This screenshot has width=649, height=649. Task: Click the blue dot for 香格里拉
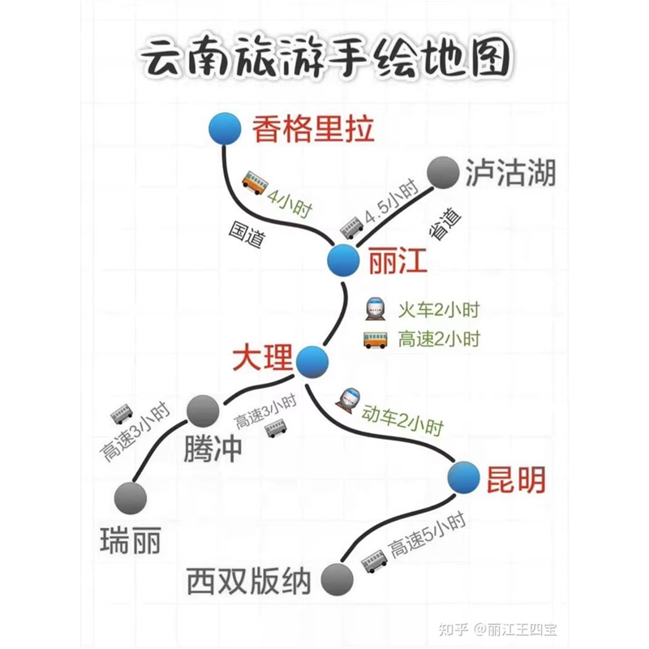pyautogui.click(x=225, y=129)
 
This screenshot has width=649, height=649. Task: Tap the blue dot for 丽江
pyautogui.click(x=343, y=260)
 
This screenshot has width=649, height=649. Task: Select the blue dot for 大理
pyautogui.click(x=312, y=362)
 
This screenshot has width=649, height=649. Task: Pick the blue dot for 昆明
pyautogui.click(x=463, y=477)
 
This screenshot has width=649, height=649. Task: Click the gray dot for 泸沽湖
pyautogui.click(x=443, y=173)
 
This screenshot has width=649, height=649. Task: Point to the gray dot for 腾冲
pyautogui.click(x=203, y=411)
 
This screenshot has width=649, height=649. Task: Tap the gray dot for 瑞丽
pyautogui.click(x=131, y=498)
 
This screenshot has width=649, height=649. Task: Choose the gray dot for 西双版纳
pyautogui.click(x=337, y=579)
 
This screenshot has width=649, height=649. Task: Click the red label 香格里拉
pyautogui.click(x=313, y=129)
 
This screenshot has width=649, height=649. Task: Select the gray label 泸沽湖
pyautogui.click(x=510, y=173)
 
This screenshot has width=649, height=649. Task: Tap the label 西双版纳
pyautogui.click(x=249, y=581)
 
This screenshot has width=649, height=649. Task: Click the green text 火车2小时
pyautogui.click(x=439, y=310)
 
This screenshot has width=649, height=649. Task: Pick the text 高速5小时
pyautogui.click(x=428, y=535)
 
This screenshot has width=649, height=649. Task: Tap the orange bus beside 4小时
pyautogui.click(x=255, y=182)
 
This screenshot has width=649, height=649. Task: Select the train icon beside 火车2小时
pyautogui.click(x=376, y=309)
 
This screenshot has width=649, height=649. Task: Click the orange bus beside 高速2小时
pyautogui.click(x=376, y=339)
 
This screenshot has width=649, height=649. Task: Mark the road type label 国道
pyautogui.click(x=247, y=234)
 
